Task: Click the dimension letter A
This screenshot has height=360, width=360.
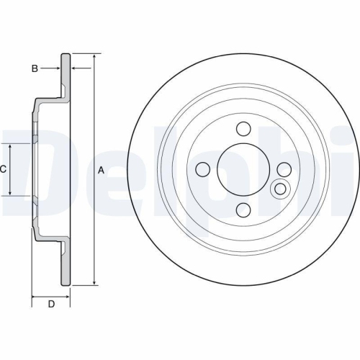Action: click(102, 170)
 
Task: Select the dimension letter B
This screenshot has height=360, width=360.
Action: click(34, 68)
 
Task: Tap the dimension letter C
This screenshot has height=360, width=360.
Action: click(4, 169)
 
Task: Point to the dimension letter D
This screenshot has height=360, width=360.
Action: click(51, 304)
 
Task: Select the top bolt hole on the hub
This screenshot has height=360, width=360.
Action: click(243, 130)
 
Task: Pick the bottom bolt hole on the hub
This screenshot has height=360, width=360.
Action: click(243, 210)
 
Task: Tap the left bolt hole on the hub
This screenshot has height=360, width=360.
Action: click(203, 169)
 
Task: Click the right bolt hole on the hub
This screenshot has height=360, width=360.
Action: click(284, 169)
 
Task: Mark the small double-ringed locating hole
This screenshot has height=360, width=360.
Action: click(279, 190)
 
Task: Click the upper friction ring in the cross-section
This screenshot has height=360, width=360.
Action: click(66, 79)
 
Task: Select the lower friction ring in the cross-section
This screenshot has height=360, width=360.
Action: click(66, 263)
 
